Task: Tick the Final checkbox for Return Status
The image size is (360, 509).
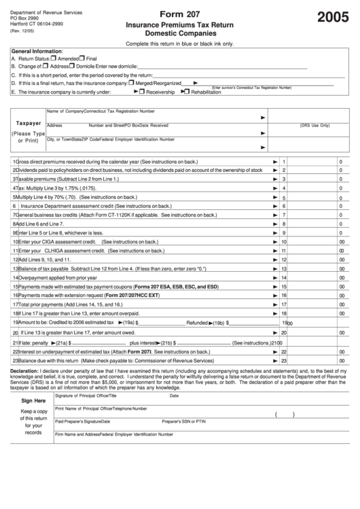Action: click(82, 58)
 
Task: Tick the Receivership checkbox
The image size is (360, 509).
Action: click(142, 91)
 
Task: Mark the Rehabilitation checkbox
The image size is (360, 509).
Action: click(186, 91)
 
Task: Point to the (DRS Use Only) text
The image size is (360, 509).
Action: click(314, 125)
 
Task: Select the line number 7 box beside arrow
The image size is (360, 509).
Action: click(284, 215)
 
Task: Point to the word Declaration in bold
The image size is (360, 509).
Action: click(24, 371)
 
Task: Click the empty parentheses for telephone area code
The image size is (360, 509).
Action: click(284, 415)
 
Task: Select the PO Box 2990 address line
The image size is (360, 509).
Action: click(25, 18)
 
